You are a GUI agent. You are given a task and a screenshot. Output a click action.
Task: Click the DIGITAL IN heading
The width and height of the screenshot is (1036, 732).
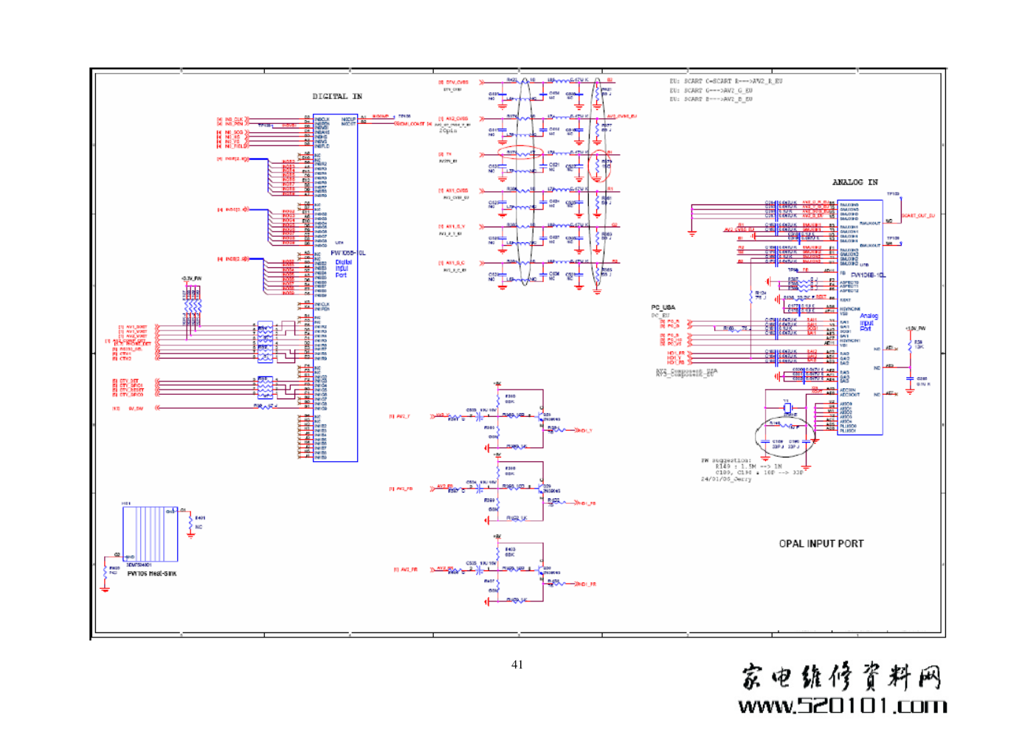pyautogui.click(x=337, y=97)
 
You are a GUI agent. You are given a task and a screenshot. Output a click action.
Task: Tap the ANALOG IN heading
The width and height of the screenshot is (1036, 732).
pyautogui.click(x=854, y=182)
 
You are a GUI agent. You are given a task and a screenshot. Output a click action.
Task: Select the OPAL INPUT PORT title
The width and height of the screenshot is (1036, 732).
pyautogui.click(x=821, y=544)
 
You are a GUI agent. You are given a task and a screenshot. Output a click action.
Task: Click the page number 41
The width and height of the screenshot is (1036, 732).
pyautogui.click(x=517, y=665)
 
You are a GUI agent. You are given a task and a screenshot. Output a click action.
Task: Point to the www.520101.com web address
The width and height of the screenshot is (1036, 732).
pyautogui.click(x=842, y=706)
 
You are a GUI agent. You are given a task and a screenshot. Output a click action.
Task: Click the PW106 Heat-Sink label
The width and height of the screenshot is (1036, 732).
pyautogui.click(x=151, y=573)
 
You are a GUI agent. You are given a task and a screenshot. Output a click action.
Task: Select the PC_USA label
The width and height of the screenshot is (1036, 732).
pyautogui.click(x=663, y=308)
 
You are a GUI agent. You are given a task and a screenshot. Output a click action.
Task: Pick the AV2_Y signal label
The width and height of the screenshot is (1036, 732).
pyautogui.click(x=403, y=416)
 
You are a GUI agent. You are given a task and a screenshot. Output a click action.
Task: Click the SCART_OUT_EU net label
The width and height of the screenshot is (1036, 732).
pyautogui.click(x=918, y=216)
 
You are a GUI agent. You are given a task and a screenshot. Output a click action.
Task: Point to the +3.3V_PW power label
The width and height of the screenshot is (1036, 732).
pyautogui.click(x=191, y=279)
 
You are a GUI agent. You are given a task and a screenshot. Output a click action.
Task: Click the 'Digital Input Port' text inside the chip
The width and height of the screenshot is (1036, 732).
pyautogui.click(x=343, y=269)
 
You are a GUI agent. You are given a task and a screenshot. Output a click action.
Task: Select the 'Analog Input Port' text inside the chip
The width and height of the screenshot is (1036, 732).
pyautogui.click(x=868, y=322)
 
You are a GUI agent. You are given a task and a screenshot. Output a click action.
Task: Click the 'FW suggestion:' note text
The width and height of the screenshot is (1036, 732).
pyautogui.click(x=725, y=460)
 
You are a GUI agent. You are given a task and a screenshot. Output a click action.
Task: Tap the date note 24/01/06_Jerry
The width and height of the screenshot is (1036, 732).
pyautogui.click(x=725, y=479)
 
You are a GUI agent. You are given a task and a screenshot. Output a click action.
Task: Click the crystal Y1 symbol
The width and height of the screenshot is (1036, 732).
pyautogui.click(x=787, y=407)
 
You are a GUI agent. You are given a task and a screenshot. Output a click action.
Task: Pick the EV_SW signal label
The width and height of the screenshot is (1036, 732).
pyautogui.click(x=136, y=408)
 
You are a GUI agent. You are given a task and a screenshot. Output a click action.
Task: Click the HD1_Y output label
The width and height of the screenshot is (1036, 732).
pyautogui.click(x=584, y=430)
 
